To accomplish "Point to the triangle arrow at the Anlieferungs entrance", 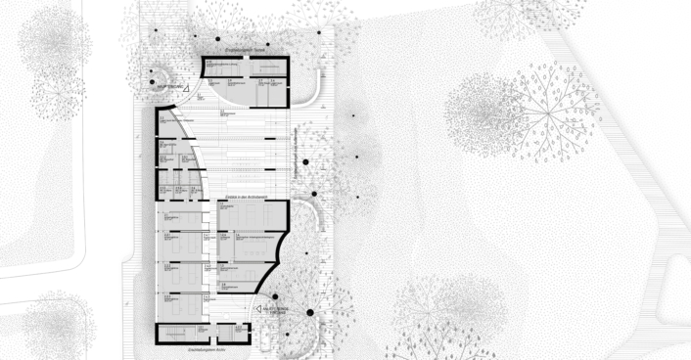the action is pyautogui.click(x=259, y=307).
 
